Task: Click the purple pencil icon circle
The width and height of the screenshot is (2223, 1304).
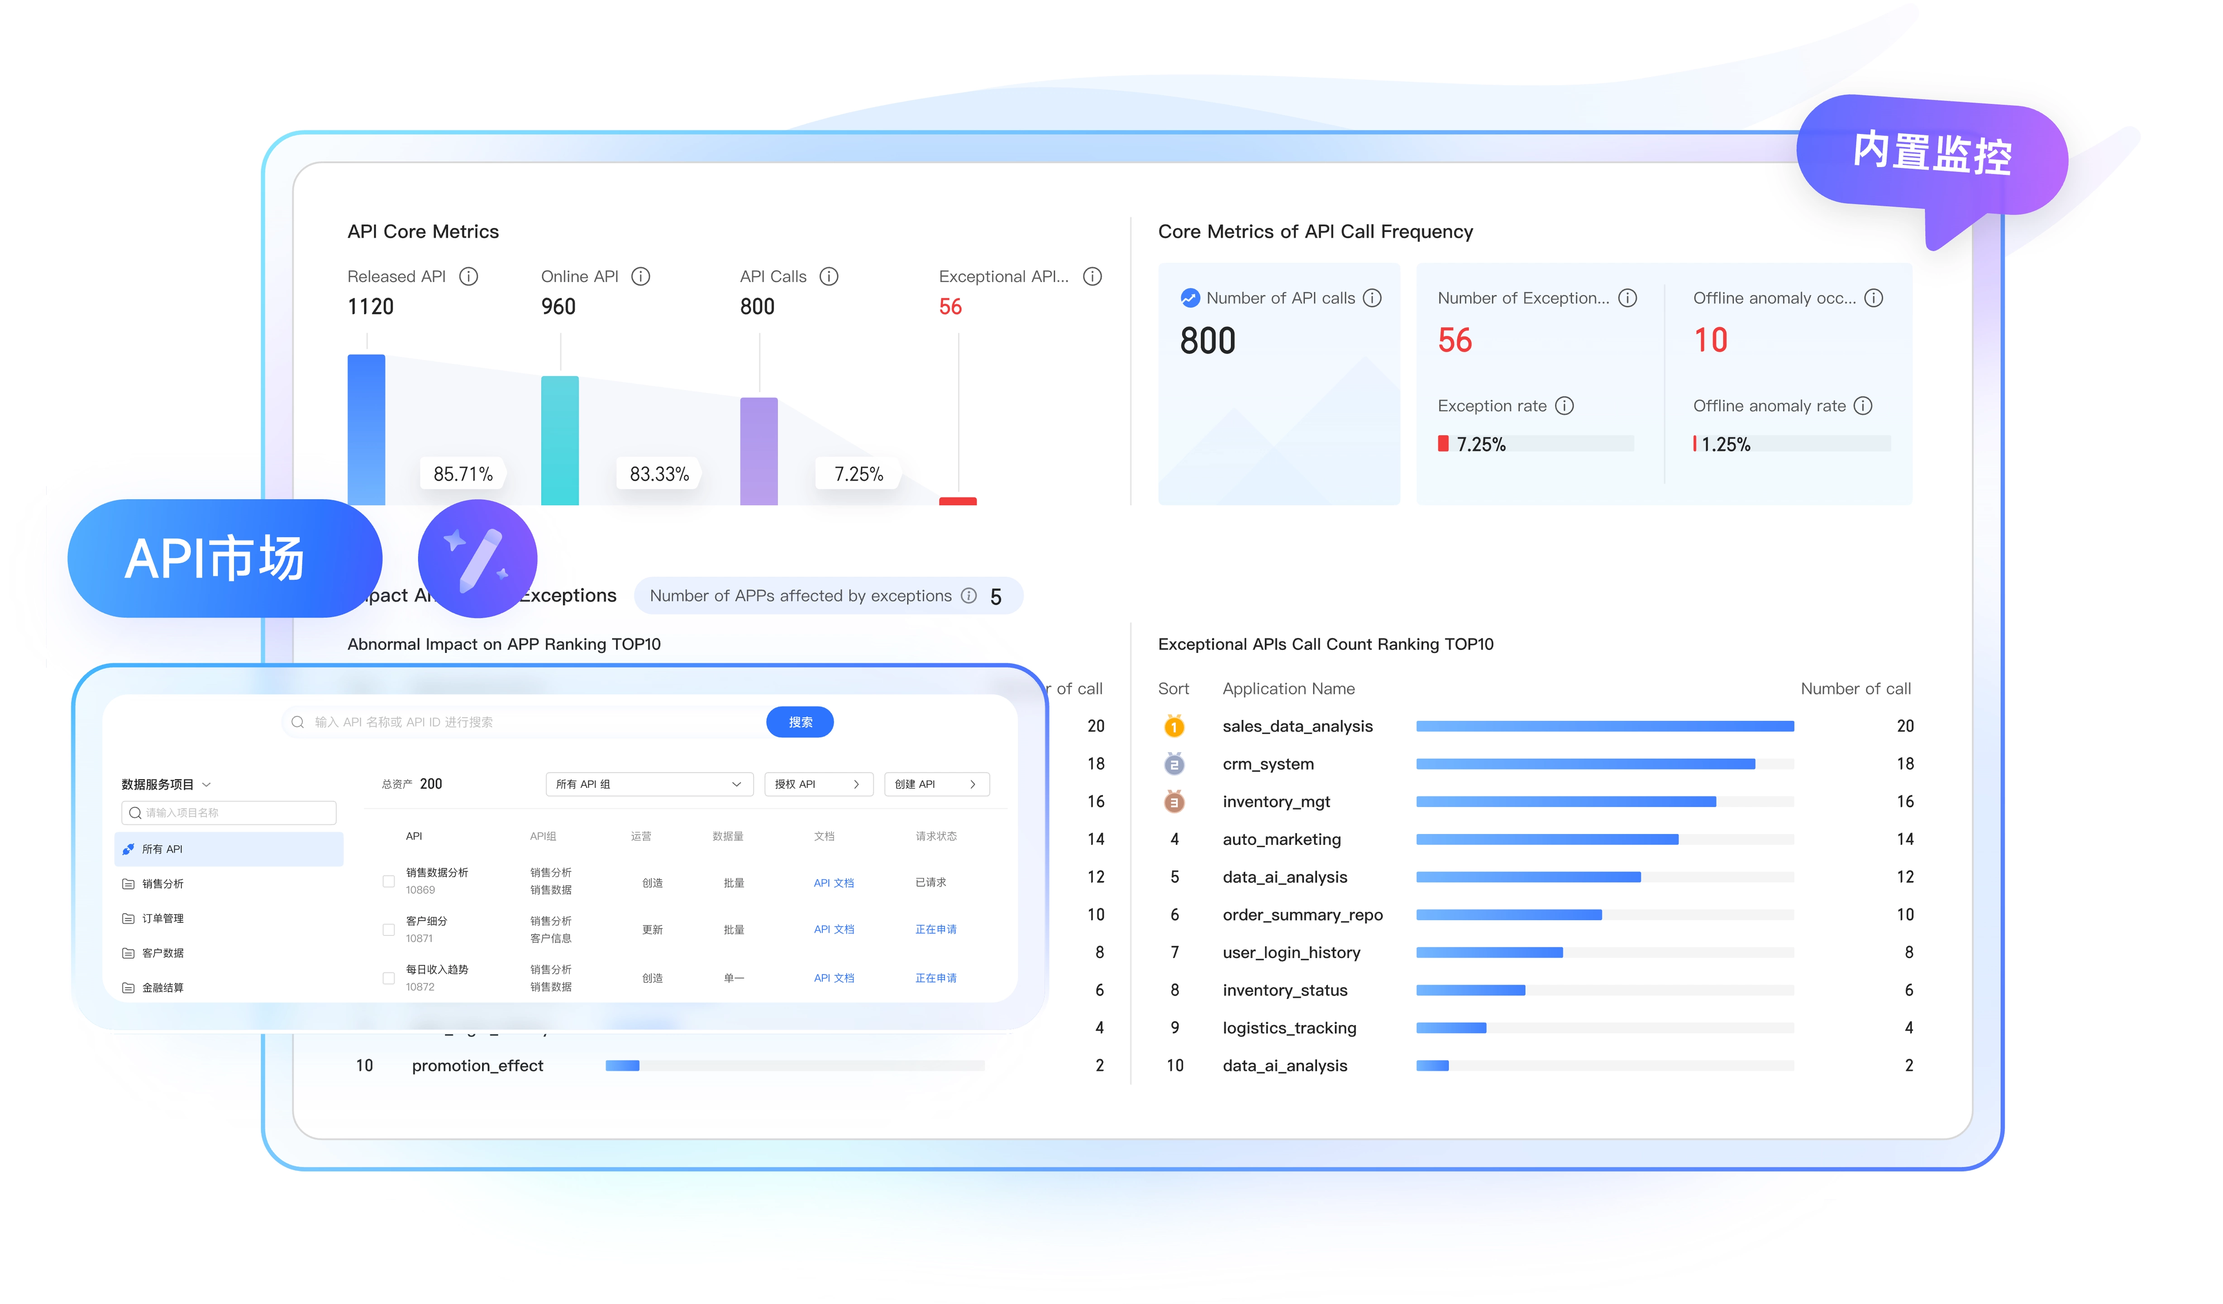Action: click(x=477, y=558)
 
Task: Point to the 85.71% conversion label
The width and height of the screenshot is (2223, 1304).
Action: click(x=462, y=474)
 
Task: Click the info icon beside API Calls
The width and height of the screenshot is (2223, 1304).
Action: click(x=828, y=276)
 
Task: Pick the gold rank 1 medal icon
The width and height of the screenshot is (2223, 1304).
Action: click(x=1173, y=726)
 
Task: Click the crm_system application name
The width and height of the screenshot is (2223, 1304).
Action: click(x=1268, y=764)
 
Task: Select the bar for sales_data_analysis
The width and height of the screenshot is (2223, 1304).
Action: click(x=1604, y=726)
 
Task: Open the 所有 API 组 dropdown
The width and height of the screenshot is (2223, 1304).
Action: click(x=649, y=783)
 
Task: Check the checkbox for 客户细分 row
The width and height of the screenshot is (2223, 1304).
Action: click(x=388, y=929)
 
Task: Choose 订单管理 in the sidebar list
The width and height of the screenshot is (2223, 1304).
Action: click(x=163, y=918)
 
